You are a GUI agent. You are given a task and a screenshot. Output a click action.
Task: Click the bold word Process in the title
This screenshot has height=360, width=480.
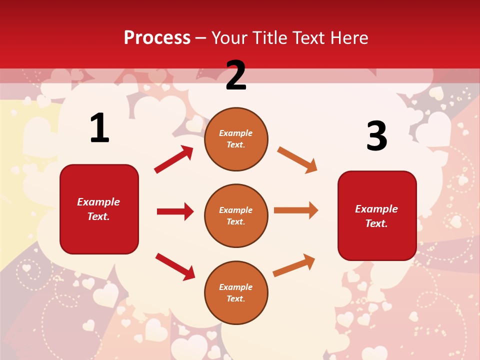tap(157, 38)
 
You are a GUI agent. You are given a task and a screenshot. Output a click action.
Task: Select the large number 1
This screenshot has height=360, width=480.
tap(99, 128)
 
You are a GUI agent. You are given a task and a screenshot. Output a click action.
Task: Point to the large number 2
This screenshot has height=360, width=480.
tap(236, 76)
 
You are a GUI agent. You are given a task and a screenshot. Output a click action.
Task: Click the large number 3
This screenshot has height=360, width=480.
tap(376, 136)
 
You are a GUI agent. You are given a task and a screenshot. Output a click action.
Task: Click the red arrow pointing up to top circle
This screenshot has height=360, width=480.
tap(173, 159)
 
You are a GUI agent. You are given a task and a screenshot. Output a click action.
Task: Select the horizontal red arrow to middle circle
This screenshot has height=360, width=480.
tap(175, 211)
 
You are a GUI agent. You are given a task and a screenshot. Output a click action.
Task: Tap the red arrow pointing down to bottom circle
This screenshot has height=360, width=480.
tap(175, 266)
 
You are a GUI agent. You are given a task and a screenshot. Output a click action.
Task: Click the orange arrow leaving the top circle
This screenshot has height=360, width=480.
tap(297, 159)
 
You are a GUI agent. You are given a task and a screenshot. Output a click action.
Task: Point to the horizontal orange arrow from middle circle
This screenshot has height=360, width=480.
tap(295, 210)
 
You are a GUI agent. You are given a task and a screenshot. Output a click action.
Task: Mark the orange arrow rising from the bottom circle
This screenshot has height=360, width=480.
tap(294, 265)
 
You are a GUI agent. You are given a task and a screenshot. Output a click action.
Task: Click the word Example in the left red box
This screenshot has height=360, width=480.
tap(98, 202)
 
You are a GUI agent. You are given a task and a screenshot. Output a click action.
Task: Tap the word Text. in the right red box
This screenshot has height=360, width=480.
tap(376, 223)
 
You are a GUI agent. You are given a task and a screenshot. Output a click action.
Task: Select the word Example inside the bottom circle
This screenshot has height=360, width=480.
tap(236, 287)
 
